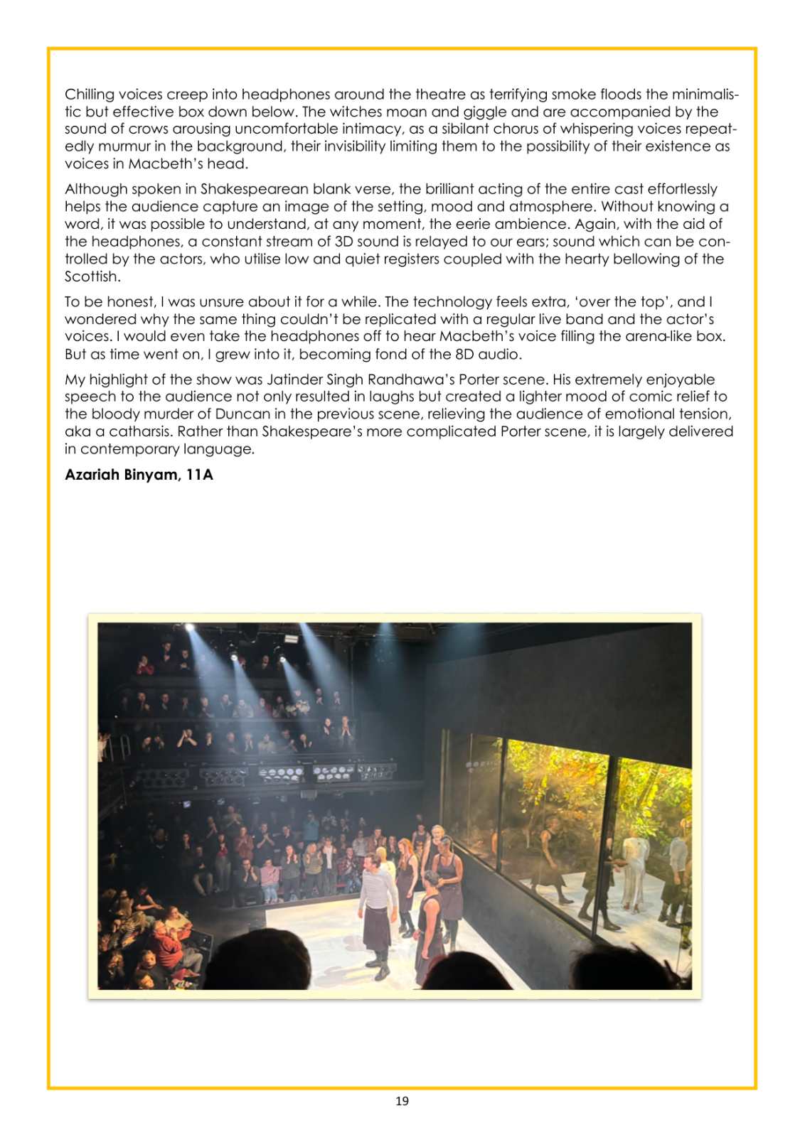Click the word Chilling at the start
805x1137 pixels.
coord(90,95)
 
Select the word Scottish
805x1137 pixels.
coord(92,276)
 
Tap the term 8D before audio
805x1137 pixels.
coord(464,354)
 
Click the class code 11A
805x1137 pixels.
coord(199,475)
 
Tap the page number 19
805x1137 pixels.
coord(402,1101)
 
